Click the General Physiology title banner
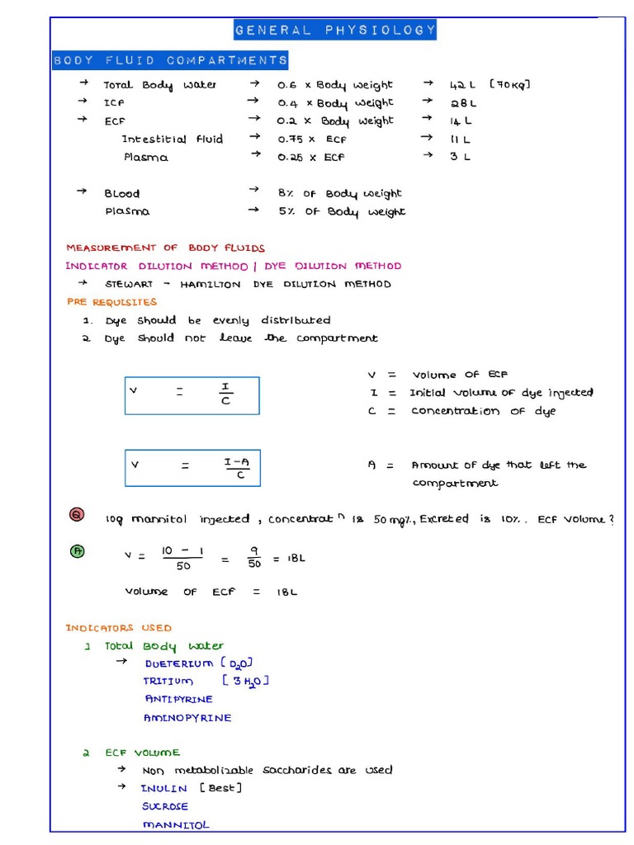click(x=334, y=31)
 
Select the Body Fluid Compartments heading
click(x=170, y=60)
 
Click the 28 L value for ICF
click(x=462, y=103)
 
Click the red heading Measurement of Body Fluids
click(x=165, y=248)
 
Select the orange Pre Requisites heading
click(x=111, y=302)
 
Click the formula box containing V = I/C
click(x=192, y=395)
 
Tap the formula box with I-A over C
click(x=192, y=468)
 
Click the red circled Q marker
click(x=77, y=516)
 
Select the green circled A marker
click(x=77, y=551)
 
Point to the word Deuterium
click(x=179, y=663)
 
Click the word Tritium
click(x=168, y=682)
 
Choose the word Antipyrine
click(x=178, y=700)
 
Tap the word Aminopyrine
click(x=187, y=718)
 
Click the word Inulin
click(x=163, y=788)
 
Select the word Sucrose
click(x=165, y=806)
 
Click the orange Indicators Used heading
click(x=119, y=628)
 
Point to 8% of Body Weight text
click(x=339, y=193)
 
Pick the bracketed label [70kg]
click(x=509, y=85)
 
